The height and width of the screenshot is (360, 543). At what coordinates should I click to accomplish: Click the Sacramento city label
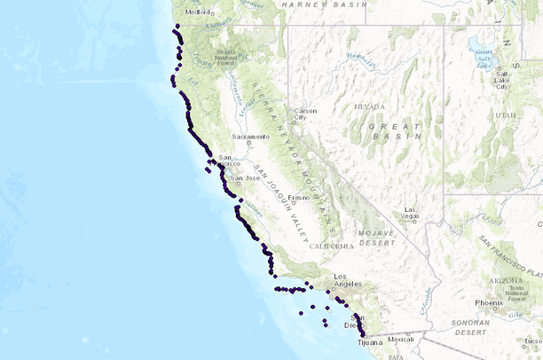pyautogui.click(x=250, y=137)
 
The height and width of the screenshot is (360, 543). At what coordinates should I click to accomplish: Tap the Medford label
pyautogui.click(x=196, y=12)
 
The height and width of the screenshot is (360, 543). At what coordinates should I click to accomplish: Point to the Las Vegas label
pyautogui.click(x=410, y=214)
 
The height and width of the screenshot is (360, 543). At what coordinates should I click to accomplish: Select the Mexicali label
pyautogui.click(x=401, y=339)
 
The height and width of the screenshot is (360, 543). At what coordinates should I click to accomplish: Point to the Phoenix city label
pyautogui.click(x=489, y=302)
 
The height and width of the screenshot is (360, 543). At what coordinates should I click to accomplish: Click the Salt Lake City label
pyautogui.click(x=502, y=82)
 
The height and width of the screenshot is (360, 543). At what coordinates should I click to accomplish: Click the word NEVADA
pyautogui.click(x=369, y=106)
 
